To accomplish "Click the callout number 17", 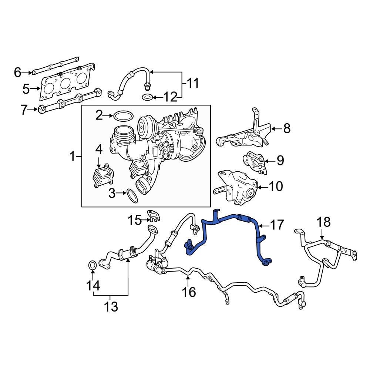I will [277, 225].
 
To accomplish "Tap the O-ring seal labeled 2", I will [123, 116].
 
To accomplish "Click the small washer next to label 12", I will [147, 98].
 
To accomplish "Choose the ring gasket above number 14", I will [92, 265].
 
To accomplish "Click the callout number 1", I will [73, 157].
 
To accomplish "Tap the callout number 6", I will [17, 72].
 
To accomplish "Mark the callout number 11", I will [192, 83].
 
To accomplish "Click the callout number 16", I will [189, 292].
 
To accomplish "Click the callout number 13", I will [111, 307].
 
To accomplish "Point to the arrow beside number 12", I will [157, 98].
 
